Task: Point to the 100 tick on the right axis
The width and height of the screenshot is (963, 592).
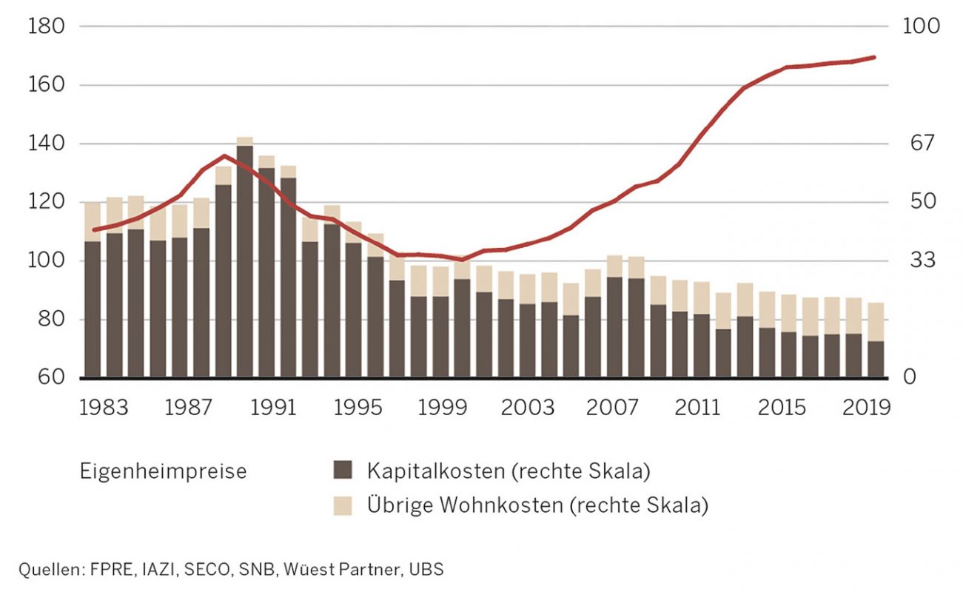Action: coord(921,27)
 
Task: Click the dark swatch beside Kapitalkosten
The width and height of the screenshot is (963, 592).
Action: coord(343,470)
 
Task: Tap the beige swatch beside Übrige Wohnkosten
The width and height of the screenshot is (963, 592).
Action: coord(343,505)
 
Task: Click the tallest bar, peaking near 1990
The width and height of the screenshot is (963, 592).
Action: coord(245,259)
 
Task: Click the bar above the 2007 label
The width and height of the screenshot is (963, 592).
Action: coord(614,326)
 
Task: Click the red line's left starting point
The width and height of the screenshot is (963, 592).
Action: coord(93,230)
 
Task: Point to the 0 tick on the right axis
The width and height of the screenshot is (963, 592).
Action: coord(910,378)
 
